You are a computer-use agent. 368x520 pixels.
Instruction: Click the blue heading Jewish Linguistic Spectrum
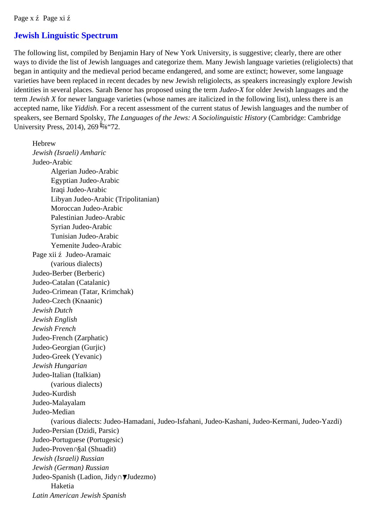[66, 36]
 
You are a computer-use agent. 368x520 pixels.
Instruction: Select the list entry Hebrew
[44, 143]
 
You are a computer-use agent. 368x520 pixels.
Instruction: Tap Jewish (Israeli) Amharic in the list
[69, 153]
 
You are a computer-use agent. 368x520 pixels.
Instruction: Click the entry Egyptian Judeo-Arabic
[85, 180]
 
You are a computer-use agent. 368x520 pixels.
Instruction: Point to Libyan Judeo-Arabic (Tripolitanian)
[105, 199]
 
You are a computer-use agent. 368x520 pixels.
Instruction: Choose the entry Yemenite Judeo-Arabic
[86, 245]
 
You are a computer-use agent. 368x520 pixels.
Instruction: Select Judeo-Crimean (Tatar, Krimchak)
[83, 292]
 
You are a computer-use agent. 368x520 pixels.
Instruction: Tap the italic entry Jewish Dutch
[52, 310]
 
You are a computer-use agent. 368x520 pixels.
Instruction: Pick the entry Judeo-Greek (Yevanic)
[67, 356]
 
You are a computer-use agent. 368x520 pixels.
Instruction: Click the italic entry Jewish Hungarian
[60, 366]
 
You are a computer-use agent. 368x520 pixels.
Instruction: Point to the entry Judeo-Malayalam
[59, 403]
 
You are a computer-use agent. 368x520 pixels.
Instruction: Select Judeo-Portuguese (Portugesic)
[78, 440]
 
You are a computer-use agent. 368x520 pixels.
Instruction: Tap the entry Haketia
[63, 486]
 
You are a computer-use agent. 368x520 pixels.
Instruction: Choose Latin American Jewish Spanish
[79, 495]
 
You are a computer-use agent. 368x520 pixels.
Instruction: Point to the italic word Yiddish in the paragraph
[85, 108]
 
